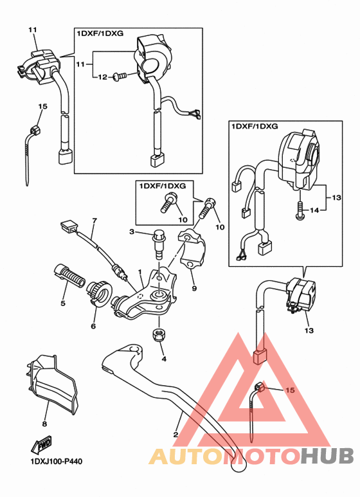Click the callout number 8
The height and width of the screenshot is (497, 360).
pyautogui.click(x=44, y=424)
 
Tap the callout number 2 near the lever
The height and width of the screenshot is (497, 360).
pyautogui.click(x=175, y=434)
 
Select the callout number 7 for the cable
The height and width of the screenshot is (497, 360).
pyautogui.click(x=94, y=221)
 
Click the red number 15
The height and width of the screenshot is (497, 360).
pyautogui.click(x=289, y=390)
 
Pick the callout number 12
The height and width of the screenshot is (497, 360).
pyautogui.click(x=100, y=77)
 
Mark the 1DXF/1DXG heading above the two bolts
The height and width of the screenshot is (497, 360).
pyautogui.click(x=161, y=185)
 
